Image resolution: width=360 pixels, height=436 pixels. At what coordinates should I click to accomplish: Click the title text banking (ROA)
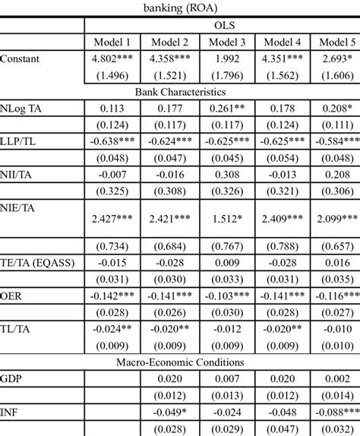click(179, 9)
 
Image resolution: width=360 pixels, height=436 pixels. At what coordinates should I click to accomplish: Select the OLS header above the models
click(222, 25)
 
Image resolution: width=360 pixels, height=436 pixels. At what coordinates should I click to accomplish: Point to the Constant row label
click(21, 58)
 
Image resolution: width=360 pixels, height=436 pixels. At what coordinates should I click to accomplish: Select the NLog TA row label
click(23, 107)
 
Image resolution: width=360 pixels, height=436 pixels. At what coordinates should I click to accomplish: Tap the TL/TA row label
click(16, 329)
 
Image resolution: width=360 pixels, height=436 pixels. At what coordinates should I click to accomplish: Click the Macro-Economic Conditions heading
click(179, 362)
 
